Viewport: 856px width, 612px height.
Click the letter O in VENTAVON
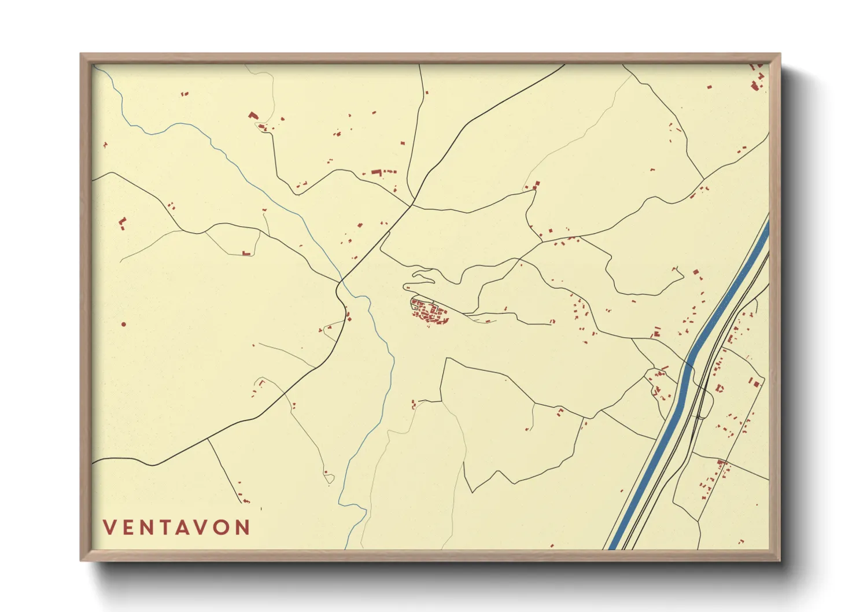223,528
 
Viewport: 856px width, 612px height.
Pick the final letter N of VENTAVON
244,528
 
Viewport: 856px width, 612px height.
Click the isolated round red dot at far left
124,325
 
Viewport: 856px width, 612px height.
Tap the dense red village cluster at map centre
430,313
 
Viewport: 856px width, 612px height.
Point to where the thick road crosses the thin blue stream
341,283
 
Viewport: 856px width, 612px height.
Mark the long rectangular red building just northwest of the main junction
377,172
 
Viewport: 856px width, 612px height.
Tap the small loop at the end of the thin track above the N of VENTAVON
329,477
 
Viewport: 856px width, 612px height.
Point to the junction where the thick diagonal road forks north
411,204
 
